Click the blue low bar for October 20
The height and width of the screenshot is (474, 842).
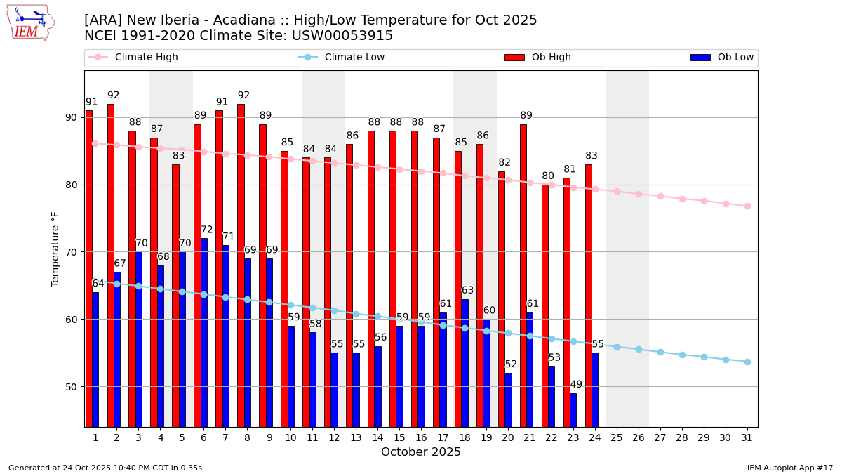tap(508, 400)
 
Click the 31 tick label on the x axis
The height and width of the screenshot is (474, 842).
tap(747, 437)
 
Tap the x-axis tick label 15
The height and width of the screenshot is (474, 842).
tap(399, 437)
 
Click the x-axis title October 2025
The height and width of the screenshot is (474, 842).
tap(421, 452)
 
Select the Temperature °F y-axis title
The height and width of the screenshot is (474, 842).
tap(55, 249)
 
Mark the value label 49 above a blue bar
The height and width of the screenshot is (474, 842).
tap(576, 385)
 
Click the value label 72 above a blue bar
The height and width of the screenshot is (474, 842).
tap(207, 230)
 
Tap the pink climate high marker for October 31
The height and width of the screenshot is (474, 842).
tap(747, 206)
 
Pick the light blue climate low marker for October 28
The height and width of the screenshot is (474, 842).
tap(682, 355)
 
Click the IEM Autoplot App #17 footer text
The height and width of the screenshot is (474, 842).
tap(789, 468)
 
